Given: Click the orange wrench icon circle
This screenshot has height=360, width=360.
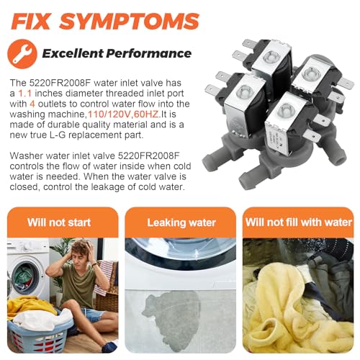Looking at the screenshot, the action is click(x=22, y=54).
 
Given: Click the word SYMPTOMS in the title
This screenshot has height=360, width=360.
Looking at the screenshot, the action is click(x=130, y=21).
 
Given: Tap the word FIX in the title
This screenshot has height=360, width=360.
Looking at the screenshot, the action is click(x=30, y=21).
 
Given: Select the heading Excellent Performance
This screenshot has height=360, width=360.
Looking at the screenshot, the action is click(x=117, y=53).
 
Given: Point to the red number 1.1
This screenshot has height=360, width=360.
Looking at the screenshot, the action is click(x=25, y=93).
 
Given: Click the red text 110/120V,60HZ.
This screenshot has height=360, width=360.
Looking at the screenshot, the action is click(x=124, y=114).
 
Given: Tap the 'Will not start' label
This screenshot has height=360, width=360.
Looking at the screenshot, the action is click(x=59, y=222).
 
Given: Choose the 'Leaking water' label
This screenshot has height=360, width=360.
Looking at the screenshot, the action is click(x=181, y=222).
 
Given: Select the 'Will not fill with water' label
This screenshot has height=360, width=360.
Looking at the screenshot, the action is click(x=298, y=222).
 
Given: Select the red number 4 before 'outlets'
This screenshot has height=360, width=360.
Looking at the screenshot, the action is click(x=32, y=104).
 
